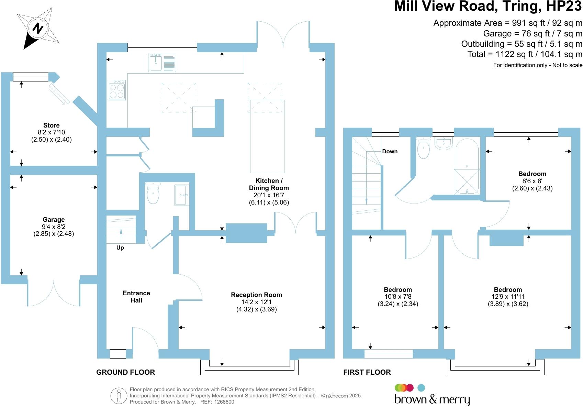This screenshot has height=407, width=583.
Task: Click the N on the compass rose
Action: pyautogui.click(x=38, y=28)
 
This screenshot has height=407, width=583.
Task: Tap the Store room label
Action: pyautogui.click(x=51, y=125)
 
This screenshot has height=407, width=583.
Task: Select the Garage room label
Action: pyautogui.click(x=54, y=220)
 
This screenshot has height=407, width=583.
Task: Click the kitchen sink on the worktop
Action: pyautogui.click(x=162, y=63)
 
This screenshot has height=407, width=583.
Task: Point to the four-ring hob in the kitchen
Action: pyautogui.click(x=116, y=90)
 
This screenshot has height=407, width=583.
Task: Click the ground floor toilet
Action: pyautogui.click(x=153, y=193)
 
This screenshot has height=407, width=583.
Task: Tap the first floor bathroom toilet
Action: pyautogui.click(x=424, y=147)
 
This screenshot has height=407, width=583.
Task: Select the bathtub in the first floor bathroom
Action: pyautogui.click(x=467, y=166)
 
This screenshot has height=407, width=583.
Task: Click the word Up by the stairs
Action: pyautogui.click(x=120, y=247)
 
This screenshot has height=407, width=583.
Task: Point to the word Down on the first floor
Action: pyautogui.click(x=390, y=151)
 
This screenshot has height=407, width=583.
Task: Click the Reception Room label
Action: pyautogui.click(x=256, y=295)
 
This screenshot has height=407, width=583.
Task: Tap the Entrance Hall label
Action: pyautogui.click(x=136, y=297)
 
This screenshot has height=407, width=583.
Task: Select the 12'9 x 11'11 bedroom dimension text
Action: pyautogui.click(x=508, y=296)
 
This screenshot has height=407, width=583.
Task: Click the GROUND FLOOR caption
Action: pyautogui.click(x=125, y=372)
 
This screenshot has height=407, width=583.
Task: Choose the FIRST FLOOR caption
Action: pyautogui.click(x=367, y=372)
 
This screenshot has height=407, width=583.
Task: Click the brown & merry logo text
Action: pyautogui.click(x=432, y=400)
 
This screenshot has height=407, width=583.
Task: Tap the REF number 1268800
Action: pyautogui.click(x=224, y=402)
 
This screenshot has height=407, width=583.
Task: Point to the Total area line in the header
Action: pyautogui.click(x=525, y=54)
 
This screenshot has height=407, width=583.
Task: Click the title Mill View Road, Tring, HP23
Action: pyautogui.click(x=488, y=6)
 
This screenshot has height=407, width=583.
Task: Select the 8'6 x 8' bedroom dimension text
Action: pyautogui.click(x=532, y=181)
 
